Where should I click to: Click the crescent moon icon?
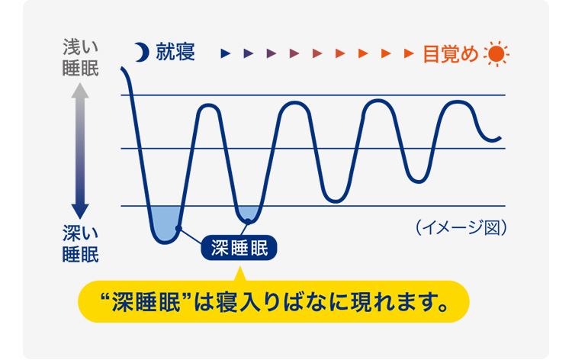pos(140,53)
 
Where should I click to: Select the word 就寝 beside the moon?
pos(175,53)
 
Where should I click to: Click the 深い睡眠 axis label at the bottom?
pos(81,243)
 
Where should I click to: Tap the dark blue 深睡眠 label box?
pos(239,249)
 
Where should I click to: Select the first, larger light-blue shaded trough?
pos(165,220)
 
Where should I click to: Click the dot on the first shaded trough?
pos(177,228)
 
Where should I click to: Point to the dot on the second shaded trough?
pos(247,222)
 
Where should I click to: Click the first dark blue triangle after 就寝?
pos(225,53)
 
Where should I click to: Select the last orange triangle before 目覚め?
pos(410,53)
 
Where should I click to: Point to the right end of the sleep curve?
pos(500,137)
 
